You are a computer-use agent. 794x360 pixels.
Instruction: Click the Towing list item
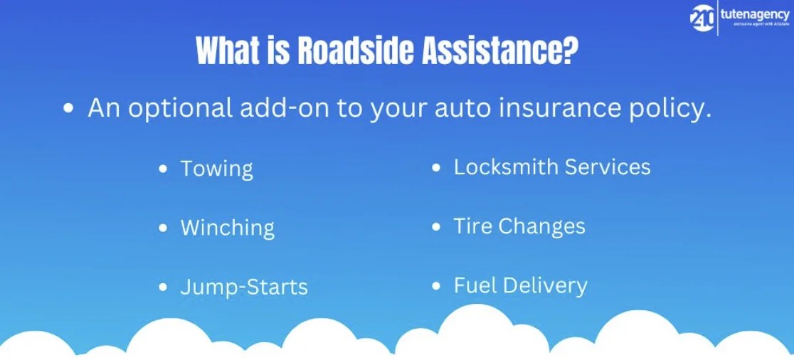(x=216, y=169)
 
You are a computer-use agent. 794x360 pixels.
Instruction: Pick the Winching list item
(x=227, y=228)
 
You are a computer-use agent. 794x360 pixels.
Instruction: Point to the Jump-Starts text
(x=244, y=287)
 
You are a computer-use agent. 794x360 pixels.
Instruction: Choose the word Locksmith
(x=506, y=167)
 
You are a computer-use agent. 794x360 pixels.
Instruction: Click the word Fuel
(x=474, y=285)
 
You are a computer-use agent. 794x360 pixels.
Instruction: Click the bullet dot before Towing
(x=164, y=169)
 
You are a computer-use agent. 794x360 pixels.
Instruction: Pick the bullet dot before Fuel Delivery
(x=437, y=286)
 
